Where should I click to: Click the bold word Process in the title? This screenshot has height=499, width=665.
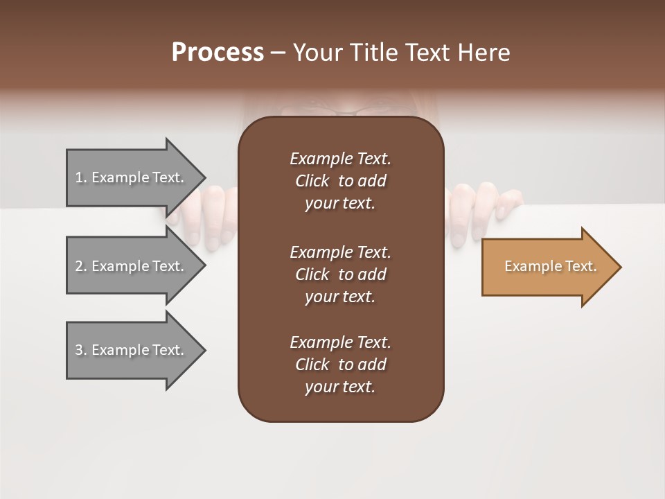(x=218, y=53)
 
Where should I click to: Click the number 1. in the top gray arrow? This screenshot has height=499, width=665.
(x=81, y=177)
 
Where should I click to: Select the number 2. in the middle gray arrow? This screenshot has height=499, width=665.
(x=81, y=266)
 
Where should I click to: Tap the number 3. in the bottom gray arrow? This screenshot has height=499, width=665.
(x=81, y=350)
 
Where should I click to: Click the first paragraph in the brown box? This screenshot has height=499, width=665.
(x=340, y=181)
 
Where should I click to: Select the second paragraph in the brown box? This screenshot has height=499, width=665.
(x=340, y=274)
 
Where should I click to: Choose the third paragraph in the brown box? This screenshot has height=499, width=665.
(x=340, y=365)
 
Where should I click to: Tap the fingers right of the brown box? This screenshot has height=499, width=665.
(x=478, y=208)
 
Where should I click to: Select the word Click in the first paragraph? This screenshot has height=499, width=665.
(x=312, y=181)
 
